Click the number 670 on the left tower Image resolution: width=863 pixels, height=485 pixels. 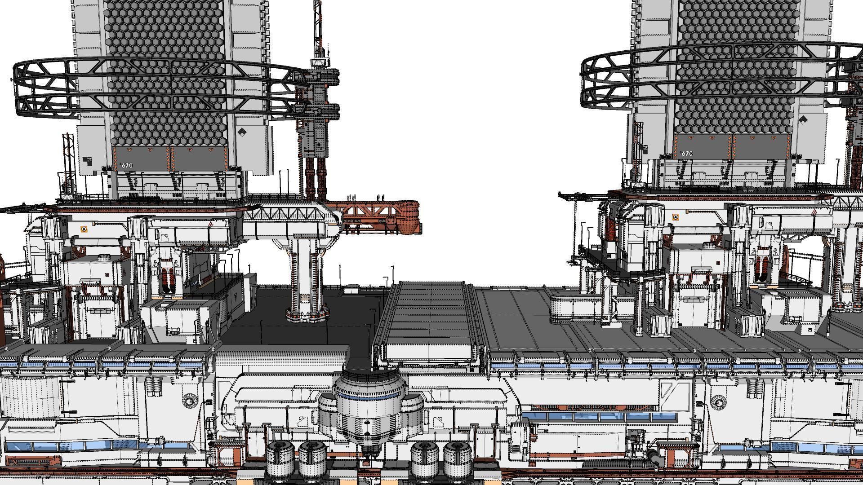[127, 165]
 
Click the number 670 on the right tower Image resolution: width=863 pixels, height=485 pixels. [687, 154]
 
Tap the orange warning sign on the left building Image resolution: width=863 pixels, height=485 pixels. [83, 229]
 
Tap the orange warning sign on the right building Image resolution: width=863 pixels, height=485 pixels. [675, 217]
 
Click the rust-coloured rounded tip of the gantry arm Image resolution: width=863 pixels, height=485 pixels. [410, 218]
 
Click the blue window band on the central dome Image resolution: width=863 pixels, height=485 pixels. [368, 396]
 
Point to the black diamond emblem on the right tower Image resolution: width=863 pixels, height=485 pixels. [803, 120]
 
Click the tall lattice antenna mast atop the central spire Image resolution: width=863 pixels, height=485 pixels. [318, 27]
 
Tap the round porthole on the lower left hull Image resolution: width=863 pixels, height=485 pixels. [189, 400]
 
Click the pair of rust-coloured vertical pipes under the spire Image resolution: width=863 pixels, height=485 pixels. [316, 177]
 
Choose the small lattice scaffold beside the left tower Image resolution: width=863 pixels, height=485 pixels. [68, 159]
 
